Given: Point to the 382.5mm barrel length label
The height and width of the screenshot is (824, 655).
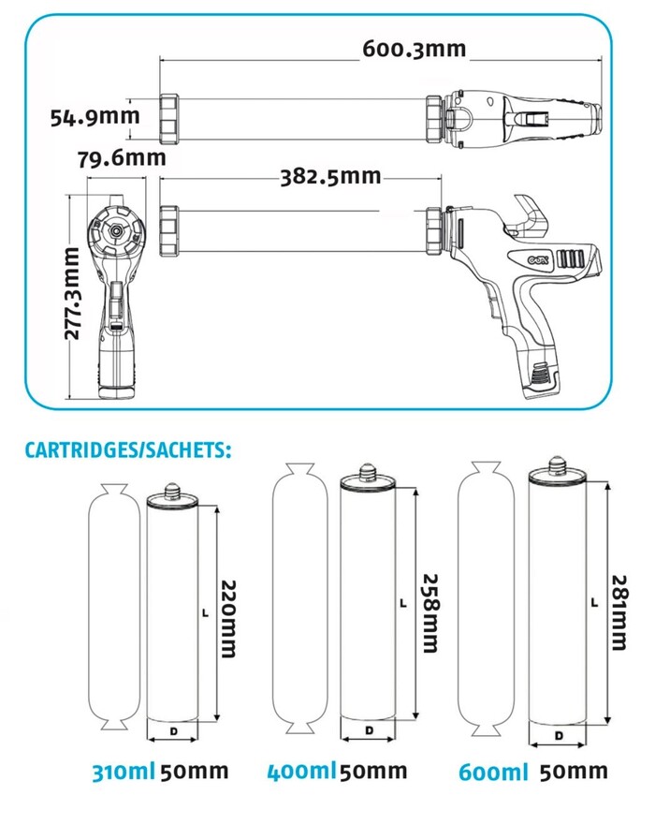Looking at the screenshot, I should coord(330,176).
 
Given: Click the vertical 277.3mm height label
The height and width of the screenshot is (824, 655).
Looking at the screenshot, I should coord(80,293).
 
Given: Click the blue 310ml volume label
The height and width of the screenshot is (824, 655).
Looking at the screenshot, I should coord(122,773).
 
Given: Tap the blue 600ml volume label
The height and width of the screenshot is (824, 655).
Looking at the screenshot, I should coord(493,772).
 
